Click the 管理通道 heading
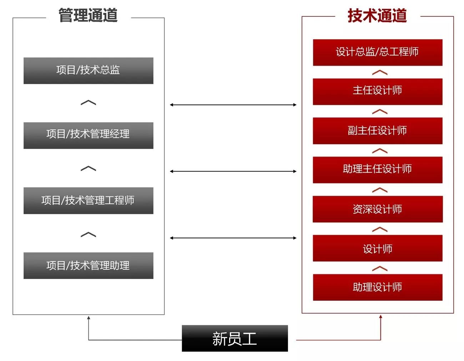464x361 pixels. pyautogui.click(x=88, y=16)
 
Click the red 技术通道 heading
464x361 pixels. pyautogui.click(x=377, y=16)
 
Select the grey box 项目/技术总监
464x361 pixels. pyautogui.click(x=88, y=71)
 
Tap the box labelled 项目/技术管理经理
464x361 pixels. pyautogui.click(x=88, y=135)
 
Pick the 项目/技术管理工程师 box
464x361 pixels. pyautogui.click(x=88, y=200)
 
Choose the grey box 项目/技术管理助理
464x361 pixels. pyautogui.click(x=88, y=265)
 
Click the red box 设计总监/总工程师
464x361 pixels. pyautogui.click(x=377, y=52)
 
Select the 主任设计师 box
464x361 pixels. pyautogui.click(x=377, y=91)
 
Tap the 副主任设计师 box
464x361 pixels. pyautogui.click(x=377, y=131)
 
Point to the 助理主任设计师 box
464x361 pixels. pyautogui.click(x=377, y=170)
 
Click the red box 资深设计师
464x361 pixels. pyautogui.click(x=377, y=209)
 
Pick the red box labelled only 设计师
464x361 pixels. pyautogui.click(x=377, y=248)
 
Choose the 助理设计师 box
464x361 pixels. pyautogui.click(x=377, y=287)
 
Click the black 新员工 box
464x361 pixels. pyautogui.click(x=234, y=338)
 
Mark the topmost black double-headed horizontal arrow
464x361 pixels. pyautogui.click(x=233, y=105)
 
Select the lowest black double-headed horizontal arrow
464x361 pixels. pyautogui.click(x=233, y=238)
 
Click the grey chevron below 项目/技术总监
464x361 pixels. pyautogui.click(x=88, y=103)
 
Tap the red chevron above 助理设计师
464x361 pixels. pyautogui.click(x=379, y=268)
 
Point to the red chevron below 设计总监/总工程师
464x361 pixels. pyautogui.click(x=379, y=72)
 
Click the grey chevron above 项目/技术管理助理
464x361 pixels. pyautogui.click(x=88, y=234)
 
